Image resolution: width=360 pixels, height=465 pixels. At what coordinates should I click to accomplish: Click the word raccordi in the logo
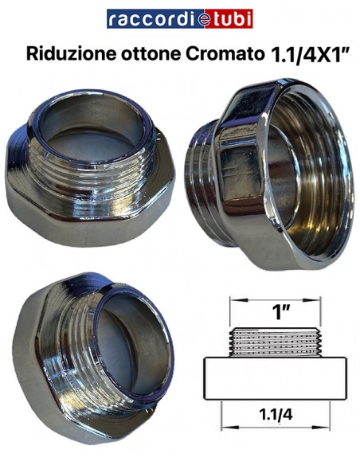click(x=141, y=19)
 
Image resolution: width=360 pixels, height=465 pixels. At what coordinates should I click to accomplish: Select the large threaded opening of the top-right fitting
click(x=295, y=167)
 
